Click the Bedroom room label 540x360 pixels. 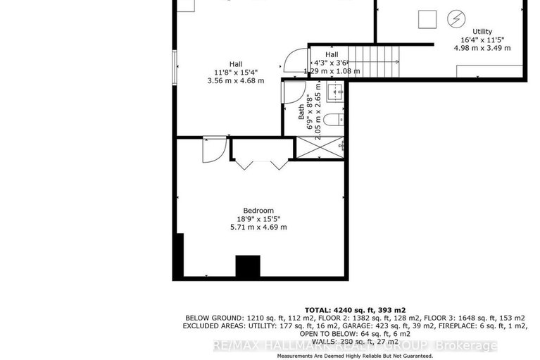point(258,210)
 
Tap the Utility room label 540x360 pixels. point(482,31)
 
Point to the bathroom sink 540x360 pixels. point(335,89)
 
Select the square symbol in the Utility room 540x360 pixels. point(427,19)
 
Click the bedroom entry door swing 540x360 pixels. point(213,149)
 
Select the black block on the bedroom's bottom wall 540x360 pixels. point(247,267)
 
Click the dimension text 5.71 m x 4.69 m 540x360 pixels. point(258,227)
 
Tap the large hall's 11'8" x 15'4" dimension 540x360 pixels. point(236,72)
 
